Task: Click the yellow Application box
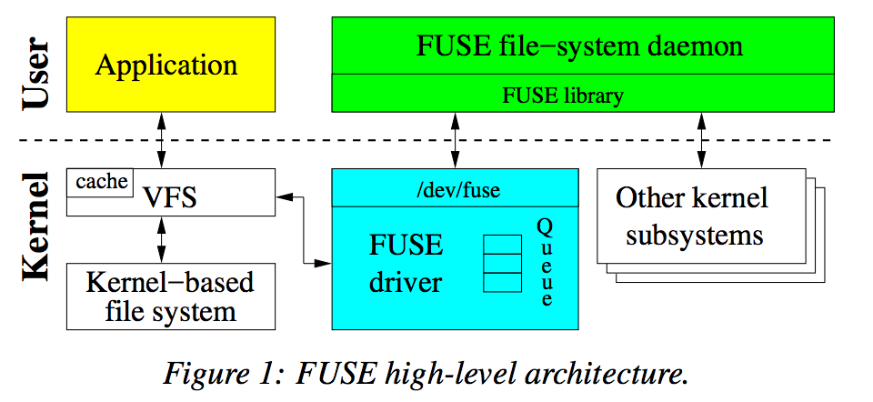point(166,65)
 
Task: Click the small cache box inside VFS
point(101,182)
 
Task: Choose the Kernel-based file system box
point(170,296)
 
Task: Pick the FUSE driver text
point(406,264)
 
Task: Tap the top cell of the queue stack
point(502,244)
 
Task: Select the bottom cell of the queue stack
point(502,283)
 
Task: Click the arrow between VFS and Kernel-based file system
point(162,238)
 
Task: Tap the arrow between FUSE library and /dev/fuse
point(455,140)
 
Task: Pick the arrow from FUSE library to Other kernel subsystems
point(701,140)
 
